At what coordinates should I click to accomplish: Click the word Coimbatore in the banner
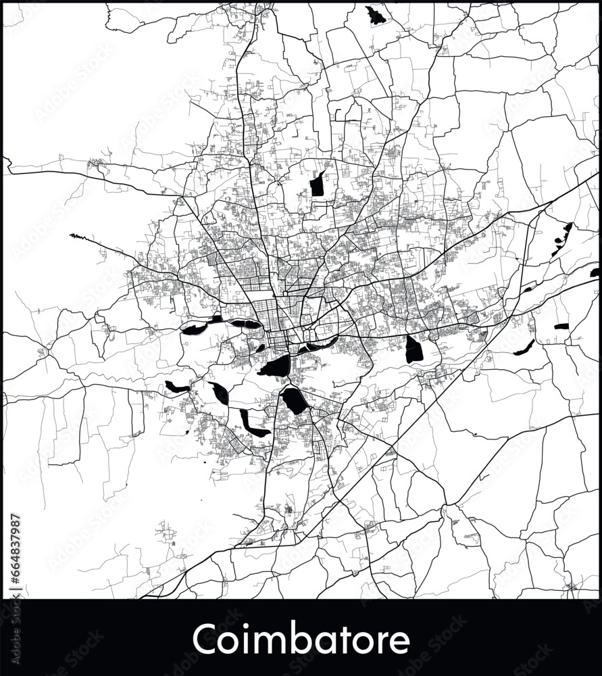click(301, 639)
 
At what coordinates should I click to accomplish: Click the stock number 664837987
click(16, 551)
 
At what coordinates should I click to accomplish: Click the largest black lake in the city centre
click(276, 366)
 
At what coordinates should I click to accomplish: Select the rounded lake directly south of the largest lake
click(295, 400)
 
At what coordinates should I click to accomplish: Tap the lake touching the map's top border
click(374, 16)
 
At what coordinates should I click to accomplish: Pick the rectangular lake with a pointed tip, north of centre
click(317, 185)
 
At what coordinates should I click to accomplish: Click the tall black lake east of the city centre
click(413, 349)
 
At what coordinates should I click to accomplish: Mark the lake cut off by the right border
click(595, 272)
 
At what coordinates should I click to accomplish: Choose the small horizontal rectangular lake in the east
click(561, 327)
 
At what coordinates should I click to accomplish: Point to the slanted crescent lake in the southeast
click(524, 348)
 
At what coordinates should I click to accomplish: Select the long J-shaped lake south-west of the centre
click(251, 425)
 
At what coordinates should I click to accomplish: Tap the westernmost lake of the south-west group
click(177, 387)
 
